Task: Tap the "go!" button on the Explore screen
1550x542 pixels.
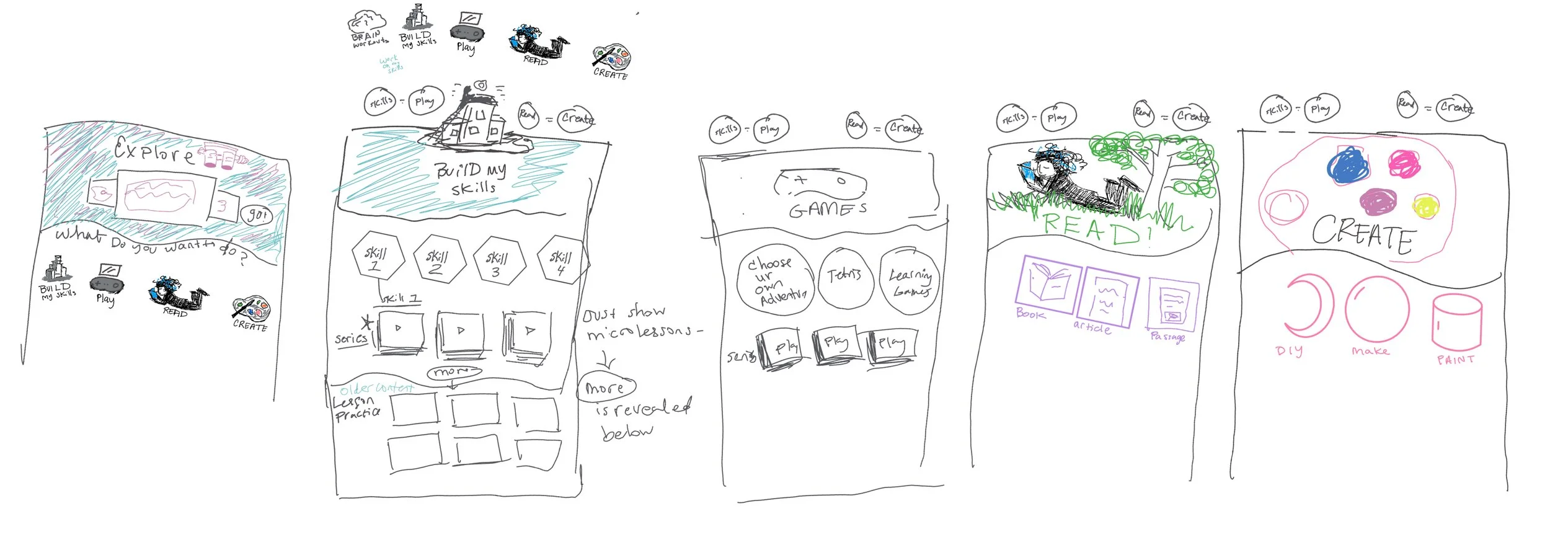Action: click(x=256, y=215)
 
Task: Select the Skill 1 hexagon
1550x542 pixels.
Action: click(x=376, y=258)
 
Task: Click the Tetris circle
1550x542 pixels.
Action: click(x=844, y=277)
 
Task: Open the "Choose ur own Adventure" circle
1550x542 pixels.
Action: click(x=774, y=281)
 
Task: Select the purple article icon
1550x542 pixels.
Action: click(x=1107, y=298)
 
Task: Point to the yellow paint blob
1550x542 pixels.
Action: click(x=1425, y=207)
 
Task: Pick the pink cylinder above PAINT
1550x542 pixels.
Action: click(x=1456, y=322)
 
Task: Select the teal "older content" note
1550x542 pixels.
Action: click(x=376, y=388)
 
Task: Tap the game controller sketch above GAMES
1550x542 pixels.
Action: click(x=820, y=184)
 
